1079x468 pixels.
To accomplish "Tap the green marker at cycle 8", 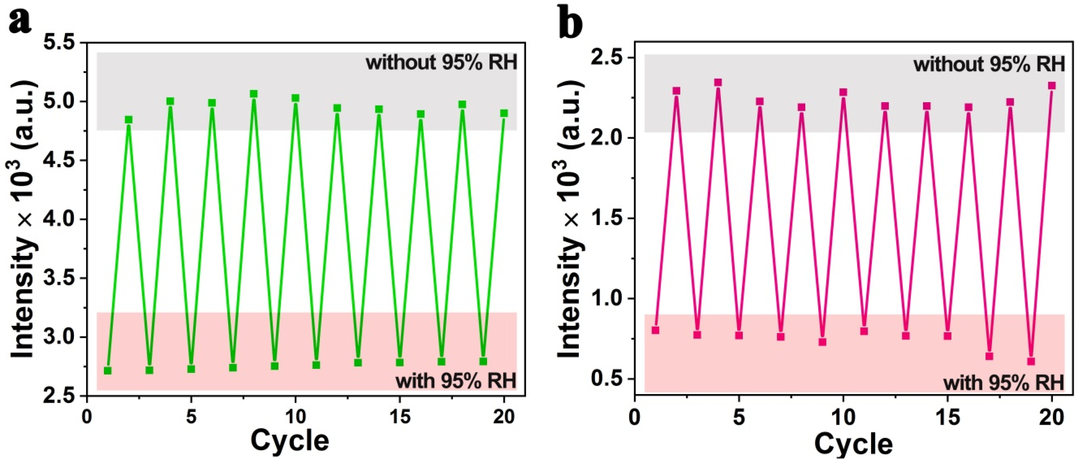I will click(x=253, y=94).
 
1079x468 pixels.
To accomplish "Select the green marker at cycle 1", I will click(x=108, y=371).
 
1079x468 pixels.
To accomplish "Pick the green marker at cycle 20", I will click(x=504, y=113).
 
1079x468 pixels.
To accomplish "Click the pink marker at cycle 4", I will click(x=718, y=83).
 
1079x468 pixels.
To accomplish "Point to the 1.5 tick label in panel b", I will click(x=609, y=218).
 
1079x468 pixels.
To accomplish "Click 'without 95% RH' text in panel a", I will click(x=441, y=63).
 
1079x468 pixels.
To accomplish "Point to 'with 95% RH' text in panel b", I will click(x=1004, y=383).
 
